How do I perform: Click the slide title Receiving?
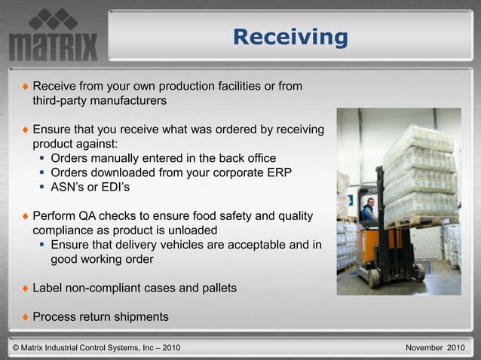point(290,36)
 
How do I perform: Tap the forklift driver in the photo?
point(369,210)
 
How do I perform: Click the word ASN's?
point(71,187)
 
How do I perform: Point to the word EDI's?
point(124,187)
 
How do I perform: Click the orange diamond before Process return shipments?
point(25,317)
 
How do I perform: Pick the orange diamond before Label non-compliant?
point(25,288)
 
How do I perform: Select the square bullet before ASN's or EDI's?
point(43,187)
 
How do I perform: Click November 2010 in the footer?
point(435,347)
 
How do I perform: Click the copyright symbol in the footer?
point(17,347)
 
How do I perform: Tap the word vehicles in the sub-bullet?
point(182,245)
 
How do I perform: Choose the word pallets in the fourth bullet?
point(216,288)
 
